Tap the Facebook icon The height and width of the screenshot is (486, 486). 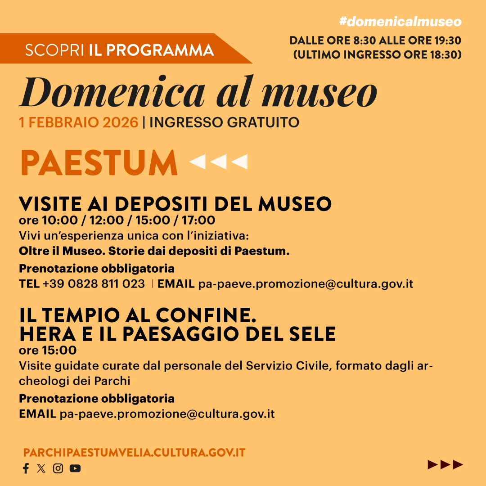coord(26,468)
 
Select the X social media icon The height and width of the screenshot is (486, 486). coord(41,468)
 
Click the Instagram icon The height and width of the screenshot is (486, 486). coord(58,468)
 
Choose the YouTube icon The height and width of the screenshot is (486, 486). coord(75,468)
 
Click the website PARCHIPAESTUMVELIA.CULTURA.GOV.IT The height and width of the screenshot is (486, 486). coord(134,453)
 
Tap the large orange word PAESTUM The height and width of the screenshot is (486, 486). coord(99,163)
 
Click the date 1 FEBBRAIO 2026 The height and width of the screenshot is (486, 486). coord(78,122)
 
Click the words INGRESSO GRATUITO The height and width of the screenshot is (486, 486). coord(224,122)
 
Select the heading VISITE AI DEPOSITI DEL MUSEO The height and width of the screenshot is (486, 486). coord(175,204)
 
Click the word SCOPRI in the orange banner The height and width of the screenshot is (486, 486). coord(54,50)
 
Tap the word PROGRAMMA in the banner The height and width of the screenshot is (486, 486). coord(160,50)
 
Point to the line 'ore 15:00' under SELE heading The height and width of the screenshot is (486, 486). coord(48,350)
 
